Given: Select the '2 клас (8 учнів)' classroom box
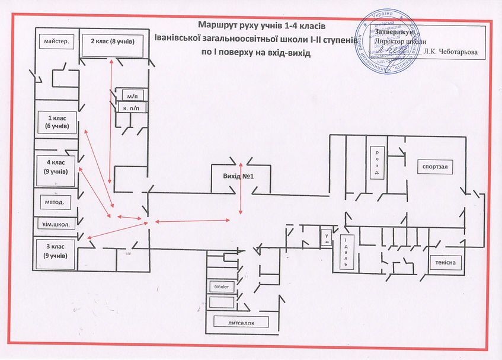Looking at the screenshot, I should click(113, 42).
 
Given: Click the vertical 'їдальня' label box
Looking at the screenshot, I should click(346, 253).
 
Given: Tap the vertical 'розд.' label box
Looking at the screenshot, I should click(377, 162).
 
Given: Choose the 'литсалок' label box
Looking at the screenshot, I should click(241, 323).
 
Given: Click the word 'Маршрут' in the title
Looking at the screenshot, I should click(218, 26).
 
